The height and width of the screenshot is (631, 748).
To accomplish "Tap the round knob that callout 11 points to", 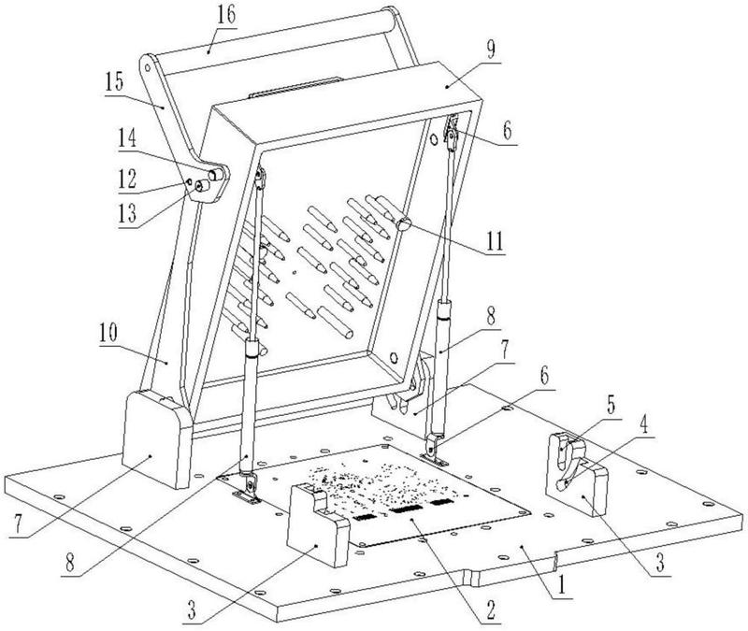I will point(405,222).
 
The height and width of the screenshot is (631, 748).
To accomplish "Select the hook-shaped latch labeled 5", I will point(565,452).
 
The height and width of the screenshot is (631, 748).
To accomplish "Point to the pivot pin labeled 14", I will point(216,173).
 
